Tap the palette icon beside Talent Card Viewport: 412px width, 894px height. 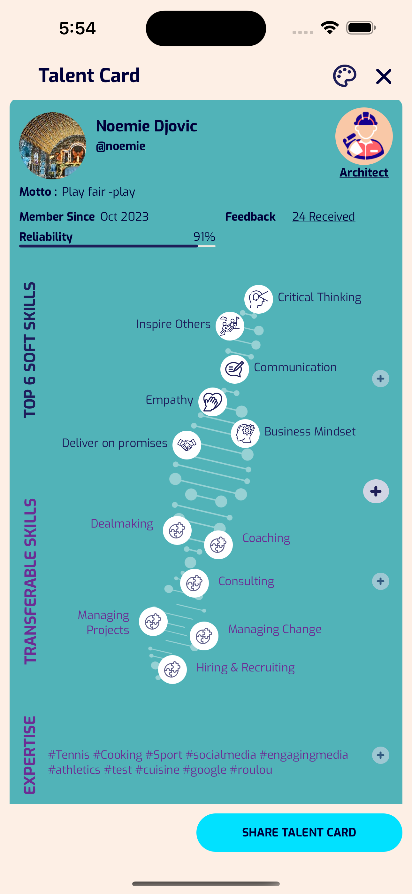[x=344, y=76]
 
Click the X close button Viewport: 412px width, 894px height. [x=384, y=76]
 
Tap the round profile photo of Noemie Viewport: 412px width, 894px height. [x=53, y=146]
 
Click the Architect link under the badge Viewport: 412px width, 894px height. [x=364, y=172]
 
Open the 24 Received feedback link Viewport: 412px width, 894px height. [x=323, y=216]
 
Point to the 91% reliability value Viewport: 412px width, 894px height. [x=204, y=237]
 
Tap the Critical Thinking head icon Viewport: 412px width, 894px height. [x=258, y=299]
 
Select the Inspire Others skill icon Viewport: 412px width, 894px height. [x=230, y=326]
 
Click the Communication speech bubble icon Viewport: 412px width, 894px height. [x=234, y=369]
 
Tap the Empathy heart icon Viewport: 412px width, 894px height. [x=213, y=402]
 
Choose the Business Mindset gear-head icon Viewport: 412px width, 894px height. [x=245, y=434]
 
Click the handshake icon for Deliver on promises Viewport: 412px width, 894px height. [x=187, y=445]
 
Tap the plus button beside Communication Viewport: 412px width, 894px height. [x=380, y=379]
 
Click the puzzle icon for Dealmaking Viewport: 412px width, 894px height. [x=177, y=530]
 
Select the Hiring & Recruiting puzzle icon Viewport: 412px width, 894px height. [x=172, y=670]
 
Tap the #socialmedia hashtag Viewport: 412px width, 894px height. [x=221, y=755]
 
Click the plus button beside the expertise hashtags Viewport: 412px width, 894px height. [x=380, y=755]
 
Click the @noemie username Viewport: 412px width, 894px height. [x=121, y=146]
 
